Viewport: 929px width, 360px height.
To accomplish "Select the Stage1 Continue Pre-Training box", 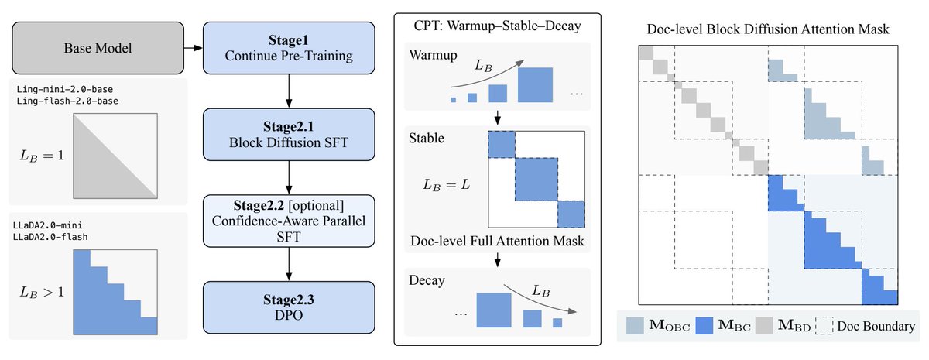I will pyautogui.click(x=288, y=49).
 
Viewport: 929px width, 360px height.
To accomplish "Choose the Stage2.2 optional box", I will pyautogui.click(x=288, y=222).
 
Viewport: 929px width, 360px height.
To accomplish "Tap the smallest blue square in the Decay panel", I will pyautogui.click(x=557, y=322).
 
